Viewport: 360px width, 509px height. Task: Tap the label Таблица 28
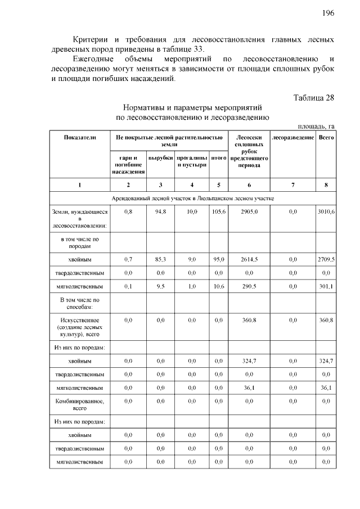point(314,97)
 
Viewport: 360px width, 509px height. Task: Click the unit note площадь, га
point(316,126)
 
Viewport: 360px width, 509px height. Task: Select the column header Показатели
point(79,137)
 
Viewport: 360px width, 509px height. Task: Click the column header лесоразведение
point(292,137)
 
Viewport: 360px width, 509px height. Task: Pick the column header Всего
point(326,137)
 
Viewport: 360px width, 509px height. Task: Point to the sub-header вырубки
point(160,159)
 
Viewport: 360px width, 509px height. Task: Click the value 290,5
point(249,286)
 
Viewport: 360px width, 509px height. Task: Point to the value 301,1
point(326,286)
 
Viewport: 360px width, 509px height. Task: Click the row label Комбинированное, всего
point(79,405)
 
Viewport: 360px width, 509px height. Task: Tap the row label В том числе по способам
point(79,304)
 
